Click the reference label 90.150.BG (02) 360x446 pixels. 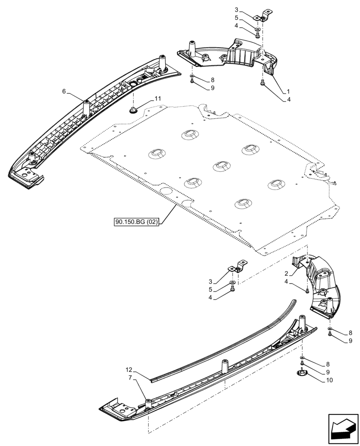136,221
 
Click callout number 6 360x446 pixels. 64,91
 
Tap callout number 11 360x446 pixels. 158,98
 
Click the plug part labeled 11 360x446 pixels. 133,110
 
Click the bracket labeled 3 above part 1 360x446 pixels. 263,16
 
